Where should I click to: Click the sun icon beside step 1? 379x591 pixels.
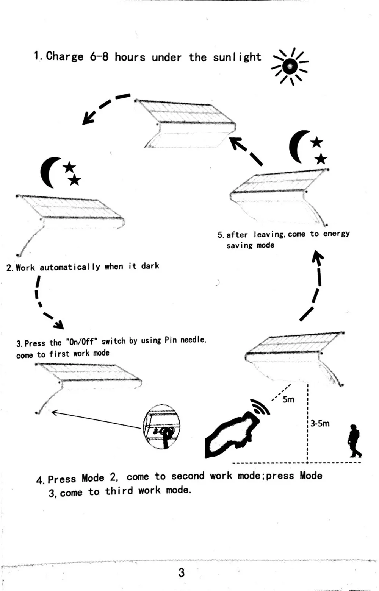point(290,67)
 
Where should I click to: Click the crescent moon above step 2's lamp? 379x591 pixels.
point(49,173)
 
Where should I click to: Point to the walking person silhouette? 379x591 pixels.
point(354,441)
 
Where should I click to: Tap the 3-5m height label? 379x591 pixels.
point(320,423)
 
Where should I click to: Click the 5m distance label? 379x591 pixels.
point(288,399)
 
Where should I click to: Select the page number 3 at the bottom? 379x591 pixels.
point(182,573)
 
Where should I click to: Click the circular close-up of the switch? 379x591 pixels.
point(161,427)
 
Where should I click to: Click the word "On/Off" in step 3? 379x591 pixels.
point(81,342)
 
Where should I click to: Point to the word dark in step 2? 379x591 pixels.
point(150,266)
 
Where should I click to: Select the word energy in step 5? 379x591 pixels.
point(336,234)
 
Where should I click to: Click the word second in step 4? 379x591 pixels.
point(188,476)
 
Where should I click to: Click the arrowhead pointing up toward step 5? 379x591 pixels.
point(317,256)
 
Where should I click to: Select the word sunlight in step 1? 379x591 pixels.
point(237,57)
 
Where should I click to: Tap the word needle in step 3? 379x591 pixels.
point(193,340)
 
